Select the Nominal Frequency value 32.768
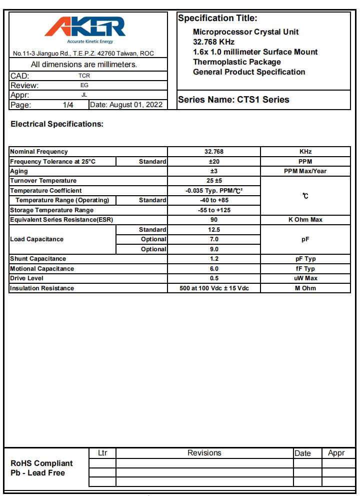point(214,152)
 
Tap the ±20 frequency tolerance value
point(214,162)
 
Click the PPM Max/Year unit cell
point(305,171)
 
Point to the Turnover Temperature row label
point(43,181)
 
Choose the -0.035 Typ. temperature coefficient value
point(214,191)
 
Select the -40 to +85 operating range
point(214,200)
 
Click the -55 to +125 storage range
point(214,210)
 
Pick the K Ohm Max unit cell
point(305,220)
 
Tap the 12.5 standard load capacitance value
point(214,230)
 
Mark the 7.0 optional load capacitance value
point(214,239)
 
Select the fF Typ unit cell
point(305,269)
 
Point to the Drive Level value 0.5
point(214,278)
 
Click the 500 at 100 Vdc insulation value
point(214,288)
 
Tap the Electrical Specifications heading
point(57,124)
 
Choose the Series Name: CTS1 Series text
point(233,100)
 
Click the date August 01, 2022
point(127,105)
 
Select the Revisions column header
point(204,453)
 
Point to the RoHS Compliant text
point(41,463)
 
